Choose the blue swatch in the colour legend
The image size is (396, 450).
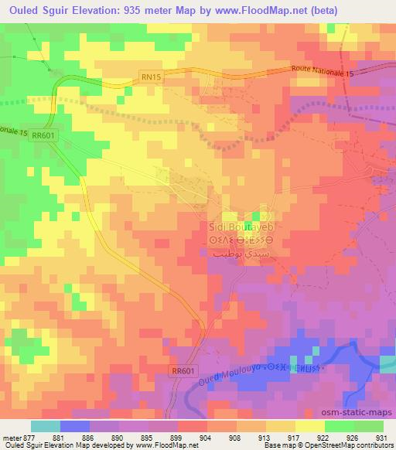[x=74, y=425]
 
